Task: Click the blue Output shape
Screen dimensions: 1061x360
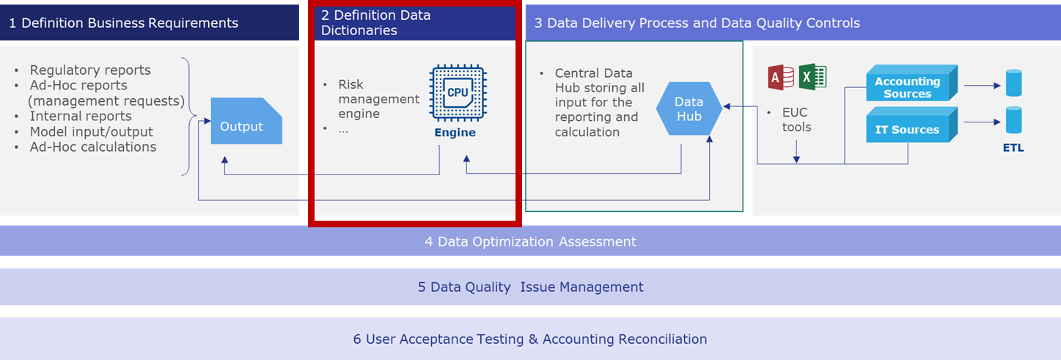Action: tap(246, 121)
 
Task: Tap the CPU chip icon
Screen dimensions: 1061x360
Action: tap(458, 93)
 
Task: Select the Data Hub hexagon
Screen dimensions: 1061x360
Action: tap(689, 109)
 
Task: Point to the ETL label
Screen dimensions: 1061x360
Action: tap(1013, 148)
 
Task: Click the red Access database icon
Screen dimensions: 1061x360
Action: tap(781, 77)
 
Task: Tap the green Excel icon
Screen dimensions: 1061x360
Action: tap(812, 77)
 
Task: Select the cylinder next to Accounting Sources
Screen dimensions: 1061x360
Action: tap(1013, 84)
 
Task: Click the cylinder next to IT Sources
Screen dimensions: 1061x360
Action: tap(1013, 120)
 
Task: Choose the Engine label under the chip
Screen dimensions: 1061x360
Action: tap(455, 132)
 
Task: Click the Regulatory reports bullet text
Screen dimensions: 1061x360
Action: tap(90, 70)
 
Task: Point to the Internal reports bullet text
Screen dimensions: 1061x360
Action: tap(81, 116)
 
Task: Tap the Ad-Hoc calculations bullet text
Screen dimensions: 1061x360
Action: tap(93, 147)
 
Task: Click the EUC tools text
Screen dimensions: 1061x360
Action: tap(796, 120)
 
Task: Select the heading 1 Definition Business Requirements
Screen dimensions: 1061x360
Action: tap(124, 23)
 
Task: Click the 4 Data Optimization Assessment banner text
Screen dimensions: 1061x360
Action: tap(530, 241)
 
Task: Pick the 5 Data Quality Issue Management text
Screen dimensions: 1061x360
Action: tap(531, 287)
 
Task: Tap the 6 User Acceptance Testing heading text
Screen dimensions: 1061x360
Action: tap(530, 339)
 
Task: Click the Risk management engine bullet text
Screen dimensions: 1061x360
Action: tap(378, 99)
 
